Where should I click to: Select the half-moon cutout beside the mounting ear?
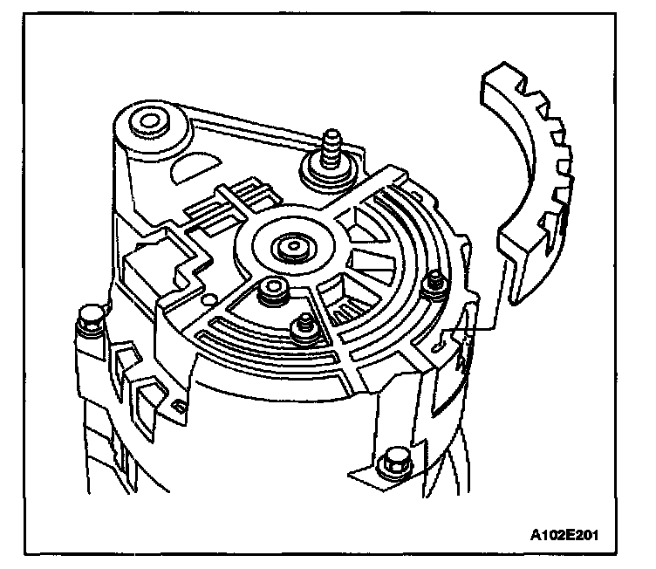point(197,167)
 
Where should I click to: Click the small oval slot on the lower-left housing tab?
point(178,405)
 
